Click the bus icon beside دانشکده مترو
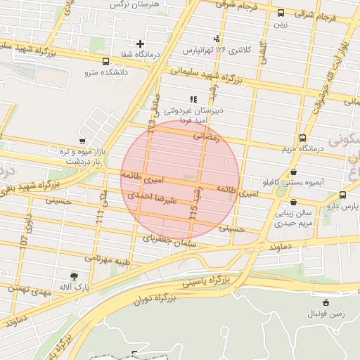[x=105, y=61]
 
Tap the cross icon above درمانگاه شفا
[x=141, y=44]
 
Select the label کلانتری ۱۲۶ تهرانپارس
[x=216, y=50]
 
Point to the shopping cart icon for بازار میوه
[x=83, y=141]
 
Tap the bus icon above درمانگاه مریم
[x=302, y=138]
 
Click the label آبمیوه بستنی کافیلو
[x=292, y=182]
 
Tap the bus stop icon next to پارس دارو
[x=342, y=195]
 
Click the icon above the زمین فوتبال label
[x=324, y=302]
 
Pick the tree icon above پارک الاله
[x=75, y=276]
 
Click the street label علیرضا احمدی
[x=150, y=200]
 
